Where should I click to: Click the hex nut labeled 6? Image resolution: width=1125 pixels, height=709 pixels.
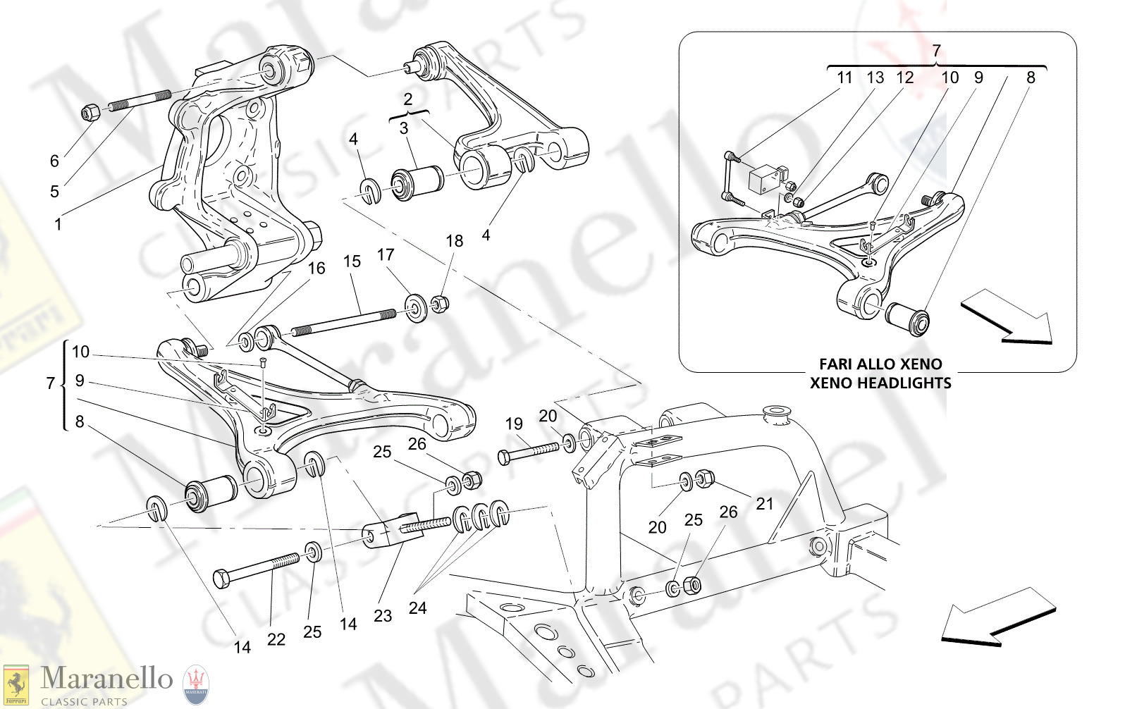tap(90, 112)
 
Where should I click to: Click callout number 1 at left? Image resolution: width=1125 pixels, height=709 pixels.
tap(58, 225)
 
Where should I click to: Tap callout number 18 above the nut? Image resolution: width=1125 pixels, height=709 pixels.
tap(454, 241)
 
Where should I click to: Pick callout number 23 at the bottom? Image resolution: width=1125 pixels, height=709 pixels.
tap(382, 616)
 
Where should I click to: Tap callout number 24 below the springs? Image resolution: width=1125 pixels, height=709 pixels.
tap(417, 608)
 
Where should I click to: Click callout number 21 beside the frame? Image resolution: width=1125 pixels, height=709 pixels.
tap(764, 503)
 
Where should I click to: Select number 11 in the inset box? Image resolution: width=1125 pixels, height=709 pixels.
tap(844, 78)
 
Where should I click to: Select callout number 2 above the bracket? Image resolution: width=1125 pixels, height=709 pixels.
tap(407, 99)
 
